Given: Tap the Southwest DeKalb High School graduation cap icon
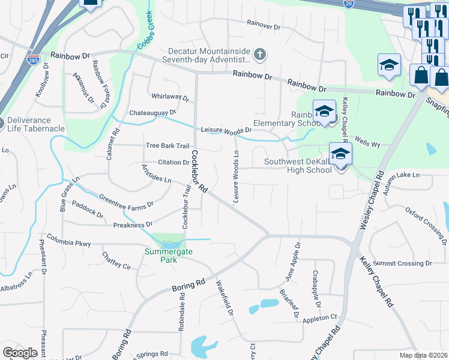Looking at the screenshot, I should [x=340, y=155].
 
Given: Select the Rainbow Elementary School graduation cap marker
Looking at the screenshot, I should [x=324, y=112].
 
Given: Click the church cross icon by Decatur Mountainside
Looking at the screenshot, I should [x=260, y=55].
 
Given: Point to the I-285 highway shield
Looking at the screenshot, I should [x=33, y=60].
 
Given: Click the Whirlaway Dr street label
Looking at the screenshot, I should [x=170, y=97].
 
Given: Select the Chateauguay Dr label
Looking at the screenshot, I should [x=152, y=112].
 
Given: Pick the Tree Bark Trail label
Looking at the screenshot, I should [x=167, y=146].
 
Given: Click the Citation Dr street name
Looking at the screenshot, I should [x=173, y=162].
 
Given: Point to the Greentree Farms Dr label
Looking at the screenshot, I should [x=126, y=202].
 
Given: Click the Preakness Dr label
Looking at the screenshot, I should [x=133, y=225].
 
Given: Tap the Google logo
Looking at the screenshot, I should [x=20, y=352].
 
